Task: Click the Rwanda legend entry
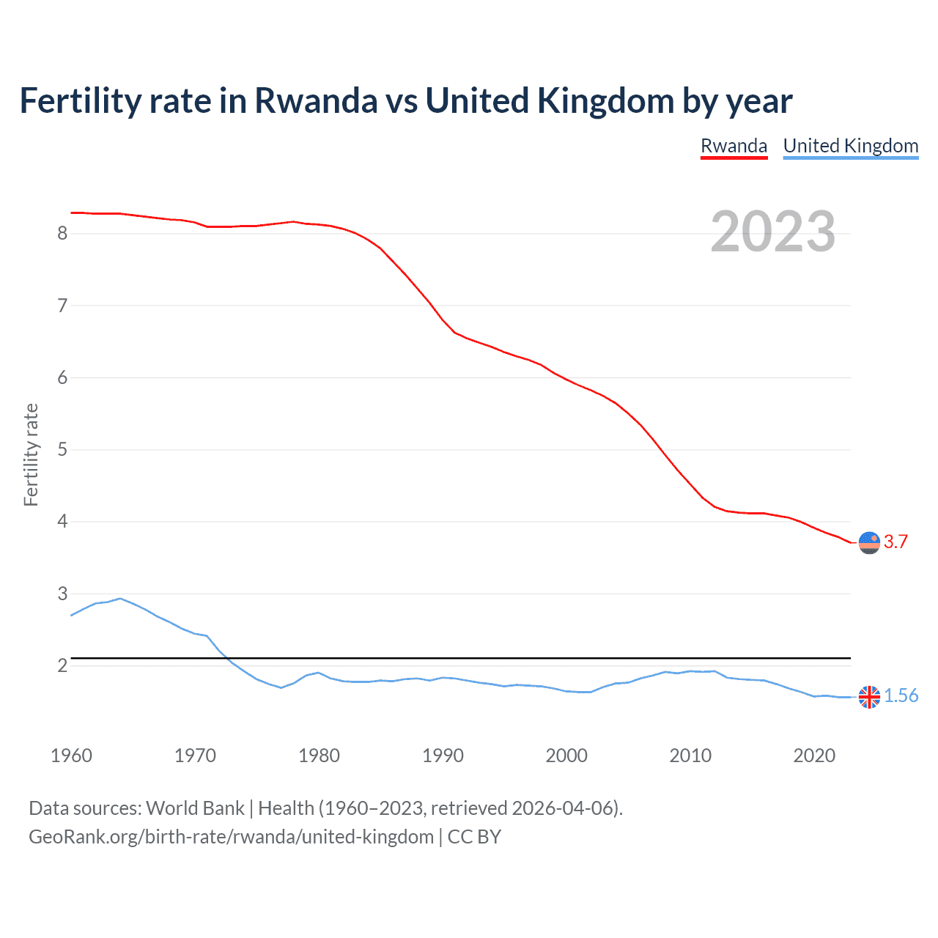pyautogui.click(x=734, y=146)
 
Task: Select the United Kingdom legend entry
pyautogui.click(x=850, y=146)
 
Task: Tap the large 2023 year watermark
pyautogui.click(x=772, y=232)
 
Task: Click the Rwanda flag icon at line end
pyautogui.click(x=869, y=542)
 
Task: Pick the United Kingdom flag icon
pyautogui.click(x=869, y=697)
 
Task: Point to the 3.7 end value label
pyautogui.click(x=895, y=542)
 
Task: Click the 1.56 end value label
pyautogui.click(x=901, y=696)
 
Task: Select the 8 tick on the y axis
pyautogui.click(x=62, y=234)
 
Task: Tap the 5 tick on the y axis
pyautogui.click(x=62, y=449)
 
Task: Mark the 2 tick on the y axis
pyautogui.click(x=62, y=665)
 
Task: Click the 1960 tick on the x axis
pyautogui.click(x=71, y=756)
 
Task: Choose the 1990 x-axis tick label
pyautogui.click(x=443, y=756)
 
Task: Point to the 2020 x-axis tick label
pyautogui.click(x=814, y=756)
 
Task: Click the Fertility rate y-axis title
pyautogui.click(x=31, y=454)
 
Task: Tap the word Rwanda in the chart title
pyautogui.click(x=315, y=101)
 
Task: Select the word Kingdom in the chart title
pyautogui.click(x=605, y=101)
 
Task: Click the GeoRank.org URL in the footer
pyautogui.click(x=231, y=837)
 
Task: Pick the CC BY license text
pyautogui.click(x=474, y=837)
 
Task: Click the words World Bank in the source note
pyautogui.click(x=195, y=808)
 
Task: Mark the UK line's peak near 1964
pyautogui.click(x=120, y=598)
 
